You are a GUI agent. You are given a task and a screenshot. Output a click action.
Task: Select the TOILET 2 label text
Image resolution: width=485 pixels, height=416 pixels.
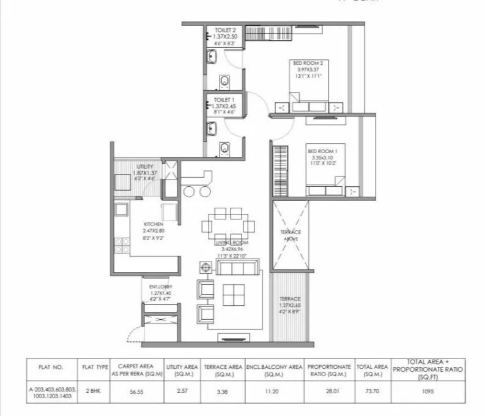pos(217,29)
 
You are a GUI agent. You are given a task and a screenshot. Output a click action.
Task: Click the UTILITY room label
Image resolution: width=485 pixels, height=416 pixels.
pos(145,167)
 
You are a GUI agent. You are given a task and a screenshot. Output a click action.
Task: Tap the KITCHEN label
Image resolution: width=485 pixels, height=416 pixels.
pos(152,224)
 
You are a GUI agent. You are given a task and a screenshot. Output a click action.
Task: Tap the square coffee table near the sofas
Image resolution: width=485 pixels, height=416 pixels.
pos(234,295)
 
